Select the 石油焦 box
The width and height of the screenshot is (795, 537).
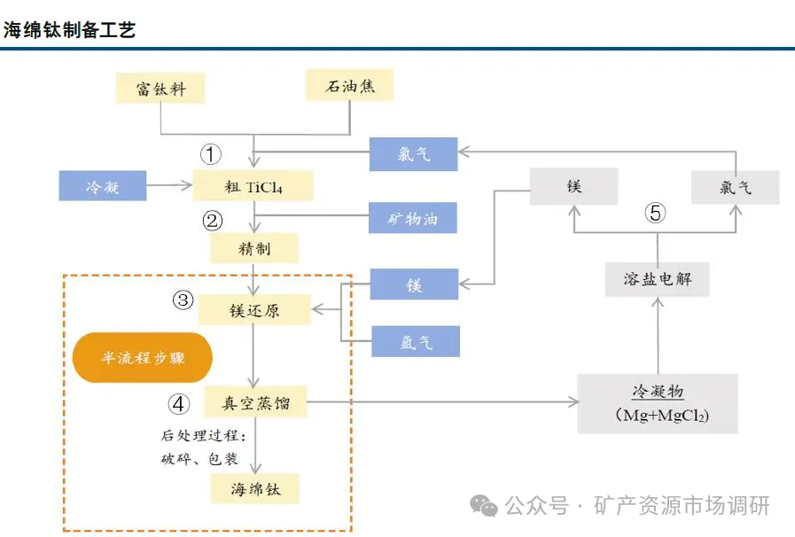coord(347,86)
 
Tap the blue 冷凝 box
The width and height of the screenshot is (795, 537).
coord(103,185)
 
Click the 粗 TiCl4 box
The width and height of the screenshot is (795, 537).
coord(254,185)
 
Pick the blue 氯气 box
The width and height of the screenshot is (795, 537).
coord(413,154)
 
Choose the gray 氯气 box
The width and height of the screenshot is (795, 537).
coord(735,188)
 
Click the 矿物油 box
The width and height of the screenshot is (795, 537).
coord(413,218)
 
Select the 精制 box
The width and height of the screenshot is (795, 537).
coord(254,248)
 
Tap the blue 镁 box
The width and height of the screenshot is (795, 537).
coord(414,284)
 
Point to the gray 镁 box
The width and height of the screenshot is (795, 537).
coord(573,188)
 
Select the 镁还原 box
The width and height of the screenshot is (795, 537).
coord(254,310)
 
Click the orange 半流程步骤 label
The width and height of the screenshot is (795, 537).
coord(143,358)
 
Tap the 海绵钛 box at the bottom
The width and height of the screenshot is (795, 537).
coord(255,488)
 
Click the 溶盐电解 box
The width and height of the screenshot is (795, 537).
coord(657,279)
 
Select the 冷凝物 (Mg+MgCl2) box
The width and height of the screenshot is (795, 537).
coord(658,403)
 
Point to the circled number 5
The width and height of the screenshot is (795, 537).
coord(655,213)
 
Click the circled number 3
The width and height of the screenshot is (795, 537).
coord(183,300)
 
